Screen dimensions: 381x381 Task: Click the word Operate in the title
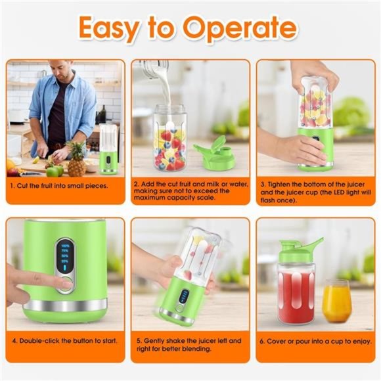coord(240,28)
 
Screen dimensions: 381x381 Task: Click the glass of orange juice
coord(336,300)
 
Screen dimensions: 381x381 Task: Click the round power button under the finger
coord(65,284)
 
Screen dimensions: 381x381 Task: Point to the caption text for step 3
coord(315,190)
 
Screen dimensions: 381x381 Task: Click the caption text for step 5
coord(190,346)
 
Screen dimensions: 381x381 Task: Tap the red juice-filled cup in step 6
coord(296,296)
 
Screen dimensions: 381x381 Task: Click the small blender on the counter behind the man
coord(108,151)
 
